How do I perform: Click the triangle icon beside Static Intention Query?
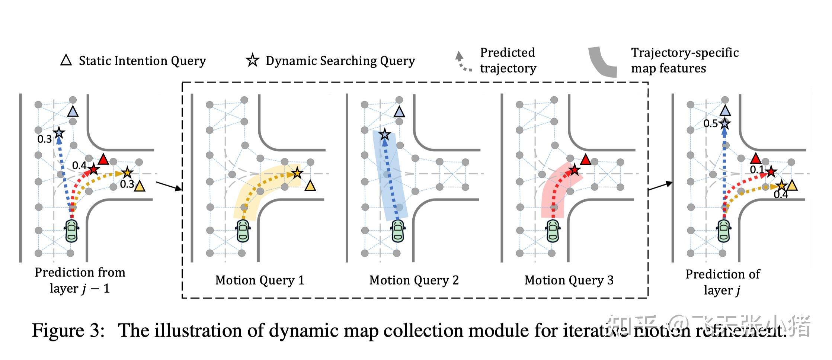[66, 60]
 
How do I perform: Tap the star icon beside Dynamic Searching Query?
[253, 60]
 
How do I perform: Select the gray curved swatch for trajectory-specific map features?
[602, 62]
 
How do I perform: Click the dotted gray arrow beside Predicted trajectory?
[463, 62]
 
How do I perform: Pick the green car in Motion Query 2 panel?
[398, 231]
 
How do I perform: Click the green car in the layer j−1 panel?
[71, 231]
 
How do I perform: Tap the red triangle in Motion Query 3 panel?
[586, 160]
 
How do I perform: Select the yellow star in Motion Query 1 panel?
[297, 173]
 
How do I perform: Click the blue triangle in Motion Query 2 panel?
[399, 112]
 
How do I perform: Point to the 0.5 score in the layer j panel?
[710, 123]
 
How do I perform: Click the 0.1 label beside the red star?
[756, 170]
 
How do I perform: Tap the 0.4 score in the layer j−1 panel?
[79, 165]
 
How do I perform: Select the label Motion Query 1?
[260, 280]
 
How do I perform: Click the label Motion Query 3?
[569, 280]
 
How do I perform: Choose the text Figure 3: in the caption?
[68, 330]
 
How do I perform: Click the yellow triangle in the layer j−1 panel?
[140, 186]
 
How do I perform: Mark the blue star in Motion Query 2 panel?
[385, 135]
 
